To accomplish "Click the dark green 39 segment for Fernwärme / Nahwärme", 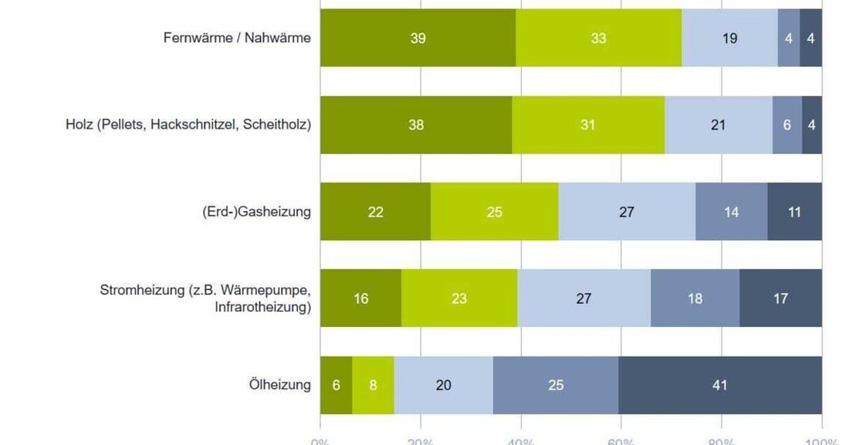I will coord(418,38).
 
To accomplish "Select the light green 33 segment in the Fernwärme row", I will coord(598,38).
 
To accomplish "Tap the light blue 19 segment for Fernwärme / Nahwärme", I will coord(729,38).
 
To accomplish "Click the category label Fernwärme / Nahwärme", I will coord(237,38).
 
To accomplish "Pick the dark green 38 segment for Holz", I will coord(415,125).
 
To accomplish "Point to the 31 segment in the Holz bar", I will coord(588,125).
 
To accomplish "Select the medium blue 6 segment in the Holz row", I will coord(787,125).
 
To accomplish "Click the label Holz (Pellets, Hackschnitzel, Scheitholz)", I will coord(188,125).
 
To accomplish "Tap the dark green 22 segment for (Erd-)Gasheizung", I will coord(375,211).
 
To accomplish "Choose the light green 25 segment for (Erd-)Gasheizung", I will coord(494,211).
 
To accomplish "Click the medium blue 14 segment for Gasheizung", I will coord(731,211).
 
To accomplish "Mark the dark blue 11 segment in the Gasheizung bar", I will coord(794,211).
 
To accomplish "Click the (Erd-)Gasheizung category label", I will coord(252,211).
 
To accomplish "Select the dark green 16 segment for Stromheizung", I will coord(360,298).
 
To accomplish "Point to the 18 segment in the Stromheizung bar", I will coord(695,298).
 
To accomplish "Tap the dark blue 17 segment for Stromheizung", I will coord(780,298).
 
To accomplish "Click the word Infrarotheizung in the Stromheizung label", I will coord(262,307).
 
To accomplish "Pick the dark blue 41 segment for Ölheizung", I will coord(719,385).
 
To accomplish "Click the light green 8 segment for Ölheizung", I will coord(373,385).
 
